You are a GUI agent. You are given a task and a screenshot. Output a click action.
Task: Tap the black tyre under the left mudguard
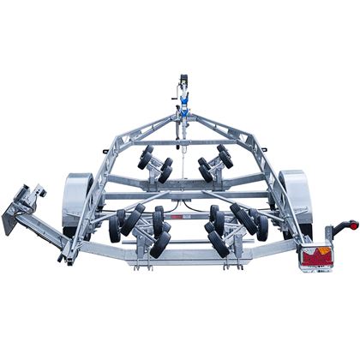(84, 225)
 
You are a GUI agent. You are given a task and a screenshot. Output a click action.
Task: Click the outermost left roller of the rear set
(114, 227)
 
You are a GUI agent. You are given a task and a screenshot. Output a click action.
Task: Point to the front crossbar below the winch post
(182, 141)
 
